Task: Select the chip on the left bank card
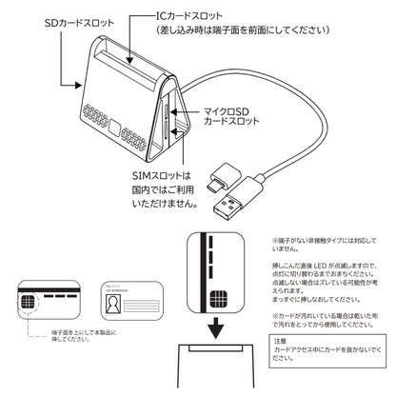pos(31,305)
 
